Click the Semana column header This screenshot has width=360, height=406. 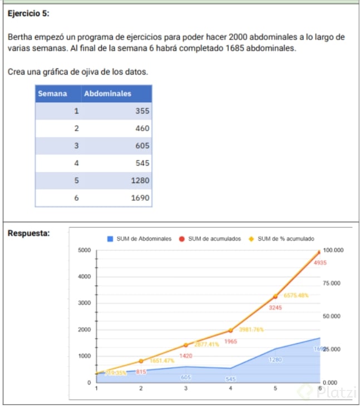[x=52, y=93]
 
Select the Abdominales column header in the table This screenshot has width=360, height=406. [x=107, y=93]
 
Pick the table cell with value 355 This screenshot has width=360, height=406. [x=142, y=111]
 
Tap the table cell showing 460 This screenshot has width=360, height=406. [x=142, y=128]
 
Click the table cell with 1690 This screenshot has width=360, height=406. [x=141, y=197]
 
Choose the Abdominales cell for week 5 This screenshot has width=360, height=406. [x=141, y=180]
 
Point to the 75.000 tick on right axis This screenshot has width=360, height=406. [x=333, y=283]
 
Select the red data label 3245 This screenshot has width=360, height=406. [x=275, y=307]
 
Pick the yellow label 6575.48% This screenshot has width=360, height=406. [x=295, y=295]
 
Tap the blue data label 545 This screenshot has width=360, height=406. [x=231, y=379]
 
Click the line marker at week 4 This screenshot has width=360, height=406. [x=230, y=330]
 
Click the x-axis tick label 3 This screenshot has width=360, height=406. [x=186, y=388]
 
